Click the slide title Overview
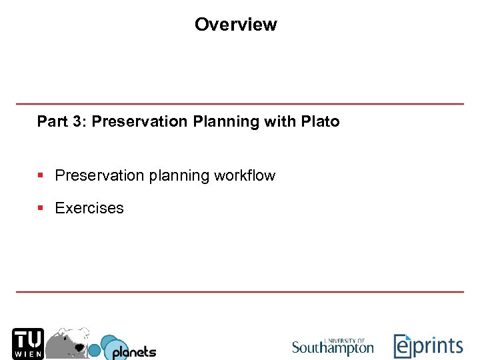click(x=235, y=25)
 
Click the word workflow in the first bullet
click(x=245, y=176)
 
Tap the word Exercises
click(x=89, y=208)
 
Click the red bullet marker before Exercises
click(x=41, y=208)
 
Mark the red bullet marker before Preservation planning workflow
click(x=41, y=176)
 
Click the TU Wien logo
click(x=28, y=343)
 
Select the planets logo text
click(x=133, y=351)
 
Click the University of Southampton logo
click(x=333, y=346)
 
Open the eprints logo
click(x=428, y=346)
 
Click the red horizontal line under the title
click(x=240, y=104)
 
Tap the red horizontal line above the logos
click(x=240, y=292)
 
